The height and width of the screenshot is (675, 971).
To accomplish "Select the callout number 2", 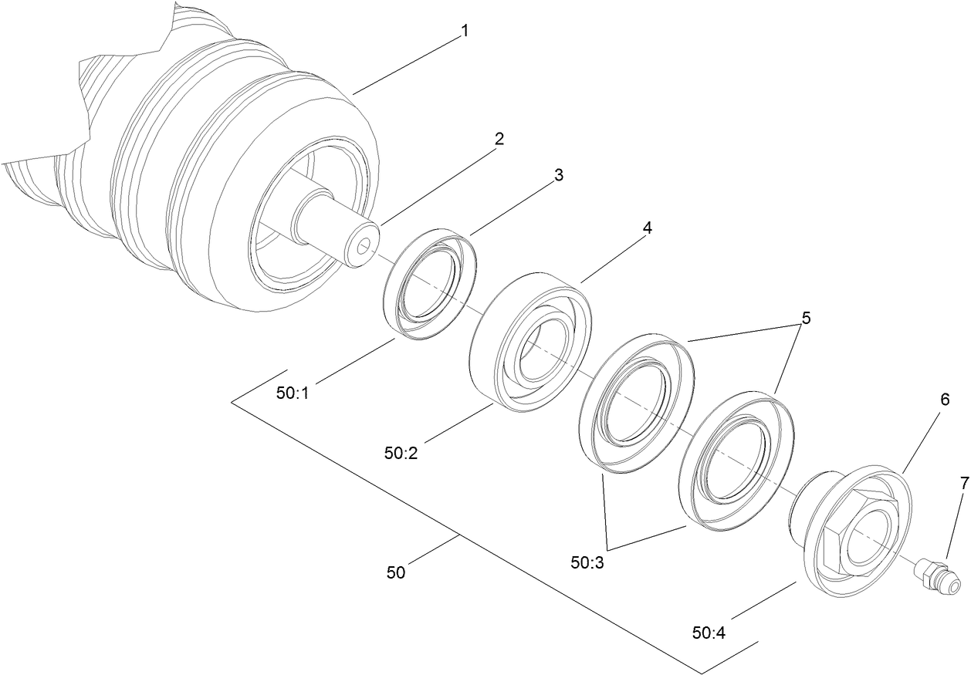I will (499, 139).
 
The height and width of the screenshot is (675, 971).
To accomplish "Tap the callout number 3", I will (558, 175).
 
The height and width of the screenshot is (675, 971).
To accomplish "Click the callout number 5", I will (806, 317).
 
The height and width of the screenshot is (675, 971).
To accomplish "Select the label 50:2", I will (401, 453).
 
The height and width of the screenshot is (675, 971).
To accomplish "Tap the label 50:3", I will (587, 563).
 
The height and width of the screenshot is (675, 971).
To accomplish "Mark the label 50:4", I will (709, 633).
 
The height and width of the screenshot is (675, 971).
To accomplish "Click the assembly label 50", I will (395, 572).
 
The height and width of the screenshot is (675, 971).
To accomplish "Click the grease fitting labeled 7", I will (936, 578).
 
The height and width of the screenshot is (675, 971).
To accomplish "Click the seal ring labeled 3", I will (429, 283).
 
